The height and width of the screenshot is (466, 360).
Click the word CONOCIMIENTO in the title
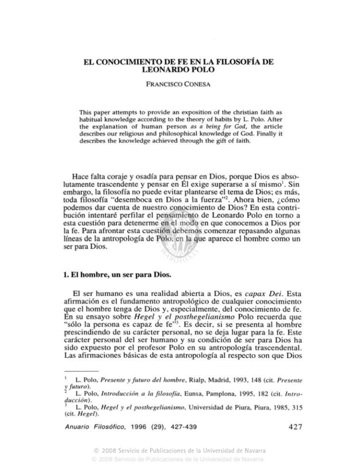click(122, 61)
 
